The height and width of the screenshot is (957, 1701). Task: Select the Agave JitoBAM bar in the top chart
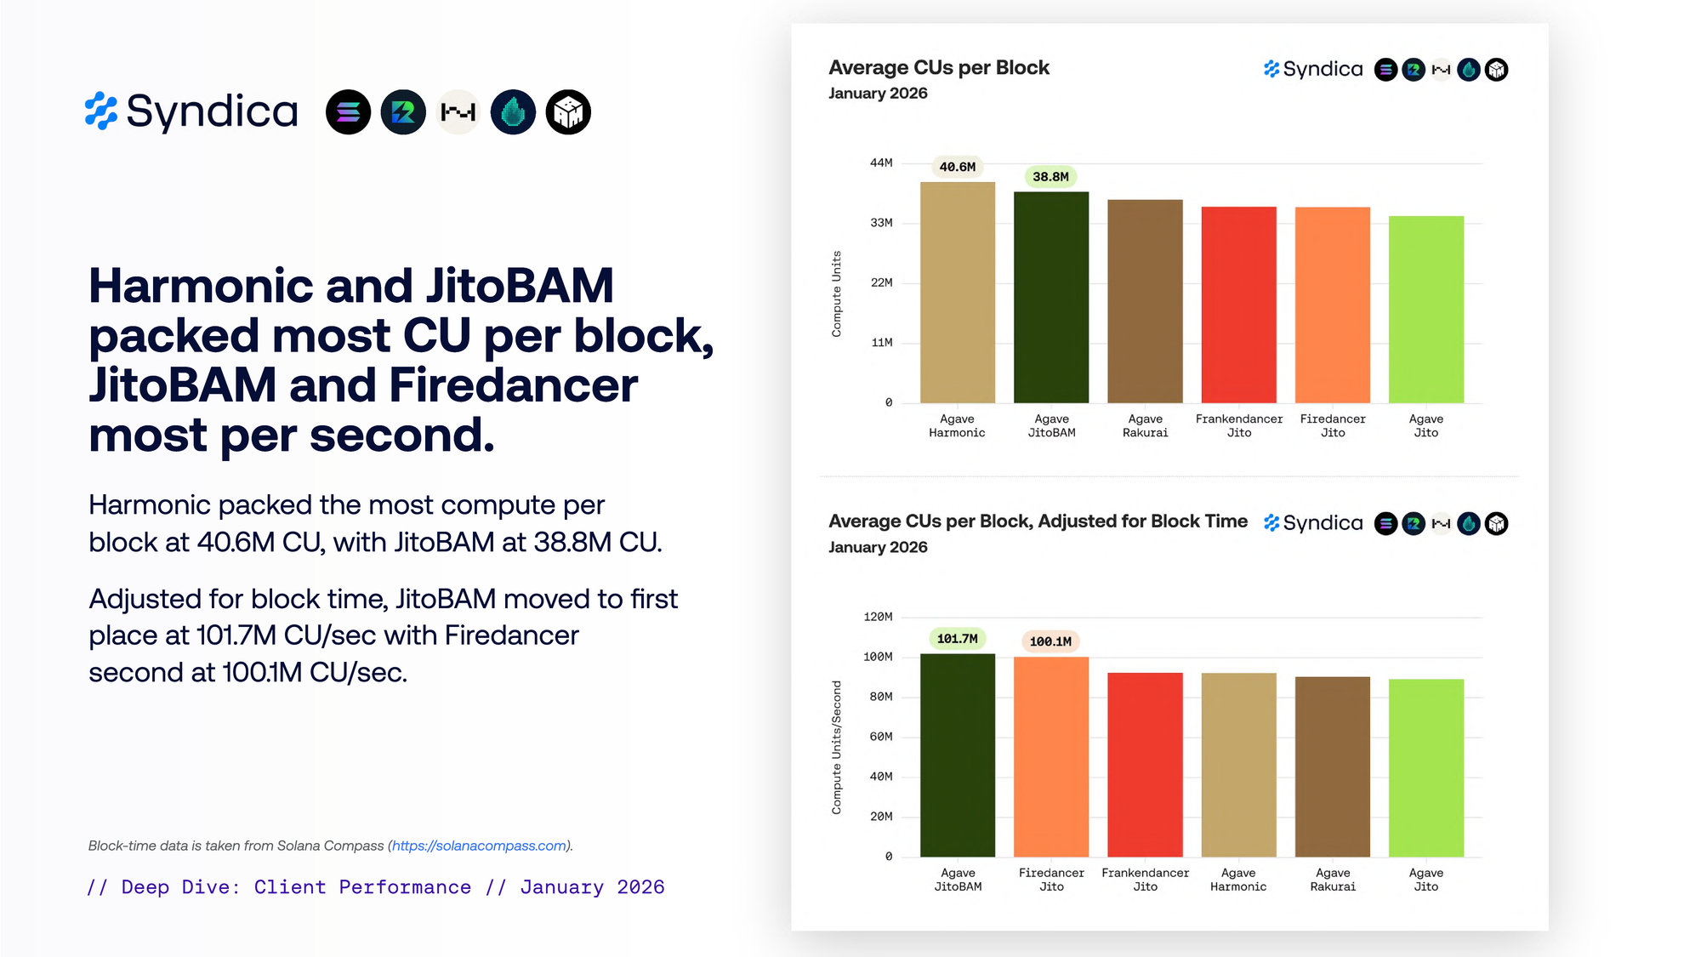1051,297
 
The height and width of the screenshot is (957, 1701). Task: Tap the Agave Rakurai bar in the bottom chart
1332,766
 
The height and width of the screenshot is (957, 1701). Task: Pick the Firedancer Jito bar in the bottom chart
1051,756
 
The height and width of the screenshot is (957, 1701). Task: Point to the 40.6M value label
957,167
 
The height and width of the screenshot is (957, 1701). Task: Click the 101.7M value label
957,639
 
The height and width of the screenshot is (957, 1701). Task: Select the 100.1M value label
1050,641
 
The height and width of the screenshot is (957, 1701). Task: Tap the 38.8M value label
1050,177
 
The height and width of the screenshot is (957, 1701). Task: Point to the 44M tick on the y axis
881,162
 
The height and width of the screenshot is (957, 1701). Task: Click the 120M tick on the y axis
878,617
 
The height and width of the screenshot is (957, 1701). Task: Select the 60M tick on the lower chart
880,737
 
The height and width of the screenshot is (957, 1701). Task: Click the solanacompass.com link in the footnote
479,846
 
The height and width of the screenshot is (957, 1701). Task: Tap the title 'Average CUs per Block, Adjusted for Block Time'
1038,521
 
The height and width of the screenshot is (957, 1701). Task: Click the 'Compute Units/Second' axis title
837,747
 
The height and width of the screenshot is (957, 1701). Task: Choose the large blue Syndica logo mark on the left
101,111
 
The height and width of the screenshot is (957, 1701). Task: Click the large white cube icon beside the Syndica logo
568,112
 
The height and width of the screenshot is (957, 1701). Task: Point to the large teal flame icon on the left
513,112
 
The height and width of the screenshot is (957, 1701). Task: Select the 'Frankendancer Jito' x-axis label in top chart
1238,425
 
